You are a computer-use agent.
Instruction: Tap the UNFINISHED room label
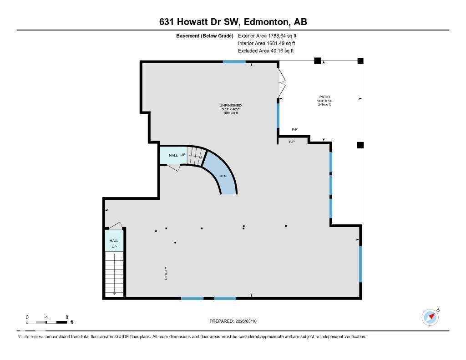(230, 105)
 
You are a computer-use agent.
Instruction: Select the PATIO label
(324, 96)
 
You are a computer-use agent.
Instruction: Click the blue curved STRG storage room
(223, 175)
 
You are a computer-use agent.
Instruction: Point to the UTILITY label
(166, 273)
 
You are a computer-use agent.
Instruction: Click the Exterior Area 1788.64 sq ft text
(267, 35)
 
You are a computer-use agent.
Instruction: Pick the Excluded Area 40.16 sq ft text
(266, 51)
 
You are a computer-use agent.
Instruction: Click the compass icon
(430, 317)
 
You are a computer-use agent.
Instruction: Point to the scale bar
(47, 322)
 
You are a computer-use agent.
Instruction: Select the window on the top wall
(234, 61)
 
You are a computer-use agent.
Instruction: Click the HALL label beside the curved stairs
(173, 156)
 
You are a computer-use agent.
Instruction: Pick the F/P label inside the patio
(294, 130)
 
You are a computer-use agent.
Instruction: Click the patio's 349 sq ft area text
(324, 105)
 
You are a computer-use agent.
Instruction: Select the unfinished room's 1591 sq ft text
(230, 113)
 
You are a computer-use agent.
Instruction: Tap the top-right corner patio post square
(360, 61)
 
